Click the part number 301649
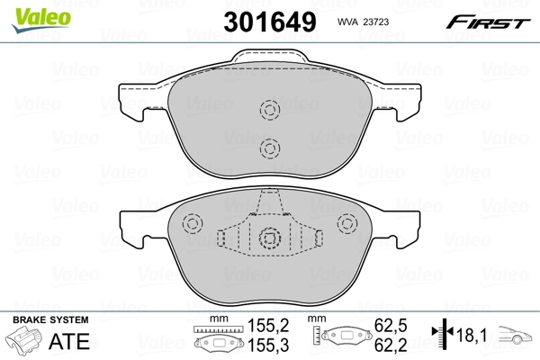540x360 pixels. point(270,22)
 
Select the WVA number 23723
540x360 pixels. point(375,22)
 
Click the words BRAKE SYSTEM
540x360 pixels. point(50,320)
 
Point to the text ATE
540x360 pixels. point(69,341)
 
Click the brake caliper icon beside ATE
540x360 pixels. point(23,340)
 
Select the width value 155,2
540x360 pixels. point(268,326)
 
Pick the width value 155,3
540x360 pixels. point(268,346)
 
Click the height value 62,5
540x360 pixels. point(391,326)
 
